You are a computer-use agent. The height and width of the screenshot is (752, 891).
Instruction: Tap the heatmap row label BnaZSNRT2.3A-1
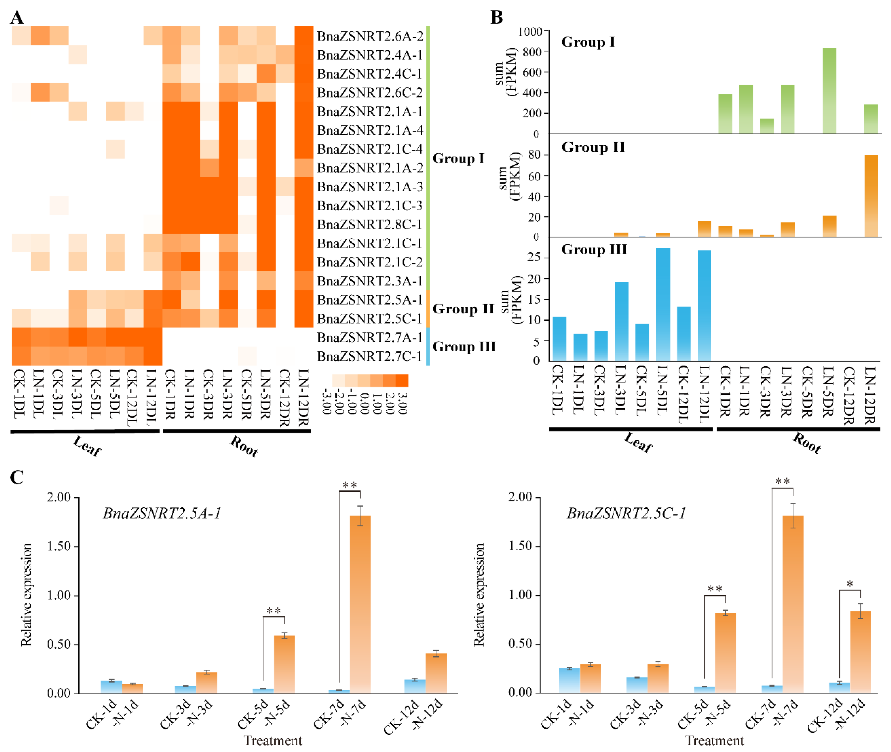370,281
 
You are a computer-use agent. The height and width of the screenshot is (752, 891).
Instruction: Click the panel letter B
497,17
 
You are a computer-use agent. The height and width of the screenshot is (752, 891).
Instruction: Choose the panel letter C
17,478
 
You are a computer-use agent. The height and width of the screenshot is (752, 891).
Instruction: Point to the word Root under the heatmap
244,446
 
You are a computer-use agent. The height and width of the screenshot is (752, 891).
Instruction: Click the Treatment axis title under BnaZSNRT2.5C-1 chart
715,741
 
